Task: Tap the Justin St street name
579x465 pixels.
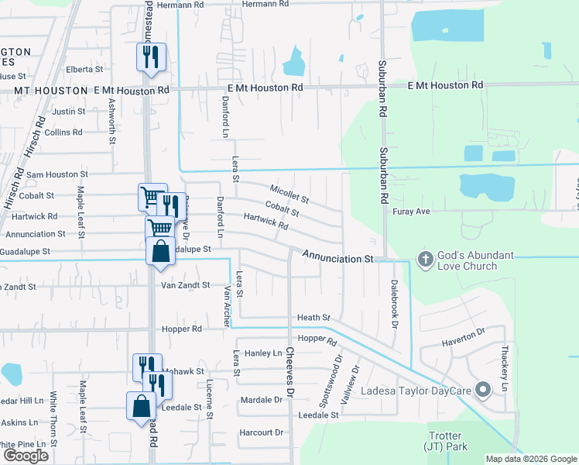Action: (68, 112)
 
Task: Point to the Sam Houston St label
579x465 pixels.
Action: (57, 175)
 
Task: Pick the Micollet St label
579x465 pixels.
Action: (289, 195)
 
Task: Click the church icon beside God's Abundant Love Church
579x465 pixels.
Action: (424, 259)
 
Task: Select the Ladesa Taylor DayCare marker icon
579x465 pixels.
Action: (483, 389)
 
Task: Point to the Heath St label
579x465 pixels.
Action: (314, 318)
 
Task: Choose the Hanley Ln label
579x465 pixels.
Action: (263, 353)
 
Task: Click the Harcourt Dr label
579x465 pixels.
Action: (262, 432)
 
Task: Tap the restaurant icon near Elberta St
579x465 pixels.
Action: (151, 57)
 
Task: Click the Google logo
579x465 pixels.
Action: (26, 456)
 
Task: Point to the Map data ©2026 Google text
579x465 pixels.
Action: (531, 459)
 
